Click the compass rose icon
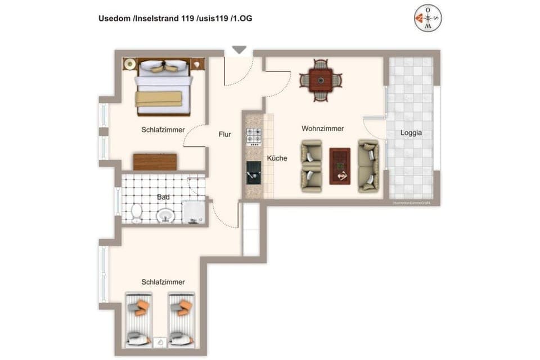pyautogui.click(x=428, y=18)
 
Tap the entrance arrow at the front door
pyautogui.click(x=239, y=50)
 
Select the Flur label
pyautogui.click(x=225, y=134)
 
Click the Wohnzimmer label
pyautogui.click(x=322, y=129)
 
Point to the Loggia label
pyautogui.click(x=411, y=133)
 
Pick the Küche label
pyautogui.click(x=277, y=158)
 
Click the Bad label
pyautogui.click(x=164, y=197)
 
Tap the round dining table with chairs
pyautogui.click(x=321, y=80)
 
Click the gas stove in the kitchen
pyautogui.click(x=254, y=137)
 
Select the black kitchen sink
pyautogui.click(x=254, y=172)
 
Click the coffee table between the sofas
pyautogui.click(x=340, y=165)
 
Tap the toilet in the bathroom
pyautogui.click(x=136, y=214)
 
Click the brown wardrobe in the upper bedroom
pyautogui.click(x=155, y=162)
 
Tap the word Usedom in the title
pyautogui.click(x=115, y=19)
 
